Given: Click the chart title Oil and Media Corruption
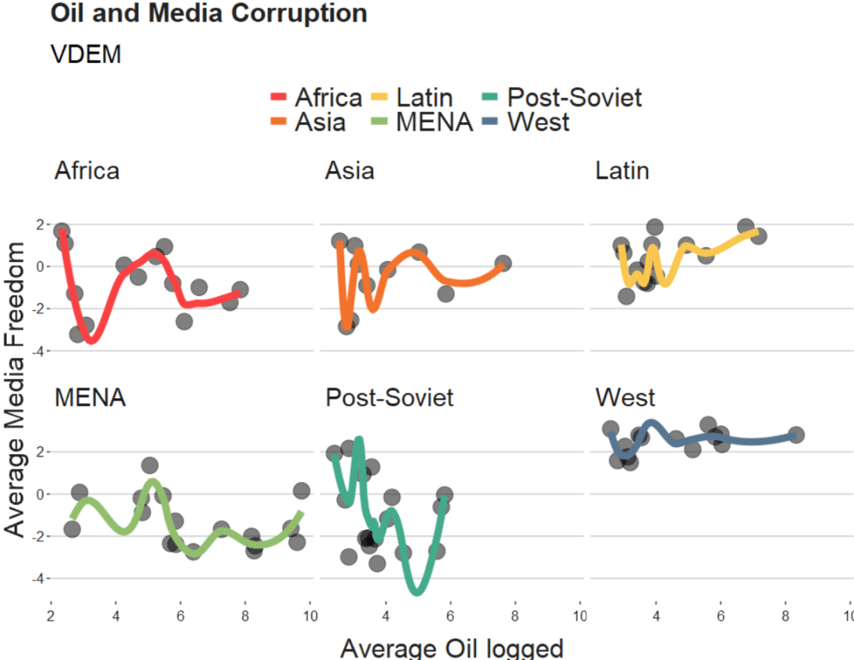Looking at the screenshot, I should coord(208,13).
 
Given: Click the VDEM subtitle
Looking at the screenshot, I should coord(85,55).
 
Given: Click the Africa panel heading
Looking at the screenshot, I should coord(87,170).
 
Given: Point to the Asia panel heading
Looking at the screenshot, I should coord(350,170).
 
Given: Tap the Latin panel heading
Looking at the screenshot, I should coord(622,170).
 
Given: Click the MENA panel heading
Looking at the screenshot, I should coord(90,398).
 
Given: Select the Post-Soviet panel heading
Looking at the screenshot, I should coord(389,398).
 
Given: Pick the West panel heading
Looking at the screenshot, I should coord(626,398).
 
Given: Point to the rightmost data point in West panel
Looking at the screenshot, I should coord(796,435).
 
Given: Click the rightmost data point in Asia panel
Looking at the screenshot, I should coord(503,264).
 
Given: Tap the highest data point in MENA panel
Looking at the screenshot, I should coord(150,466).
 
